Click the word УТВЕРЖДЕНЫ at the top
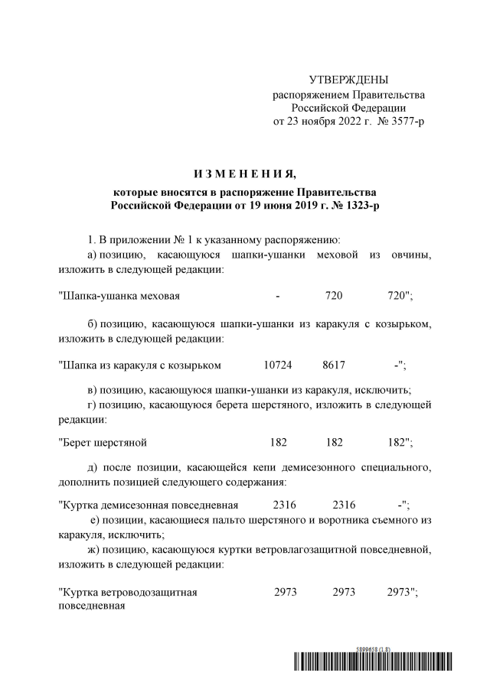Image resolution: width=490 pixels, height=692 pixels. point(348,80)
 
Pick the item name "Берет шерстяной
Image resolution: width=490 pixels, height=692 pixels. point(102,443)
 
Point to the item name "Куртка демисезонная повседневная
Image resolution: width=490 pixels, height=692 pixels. point(148,505)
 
